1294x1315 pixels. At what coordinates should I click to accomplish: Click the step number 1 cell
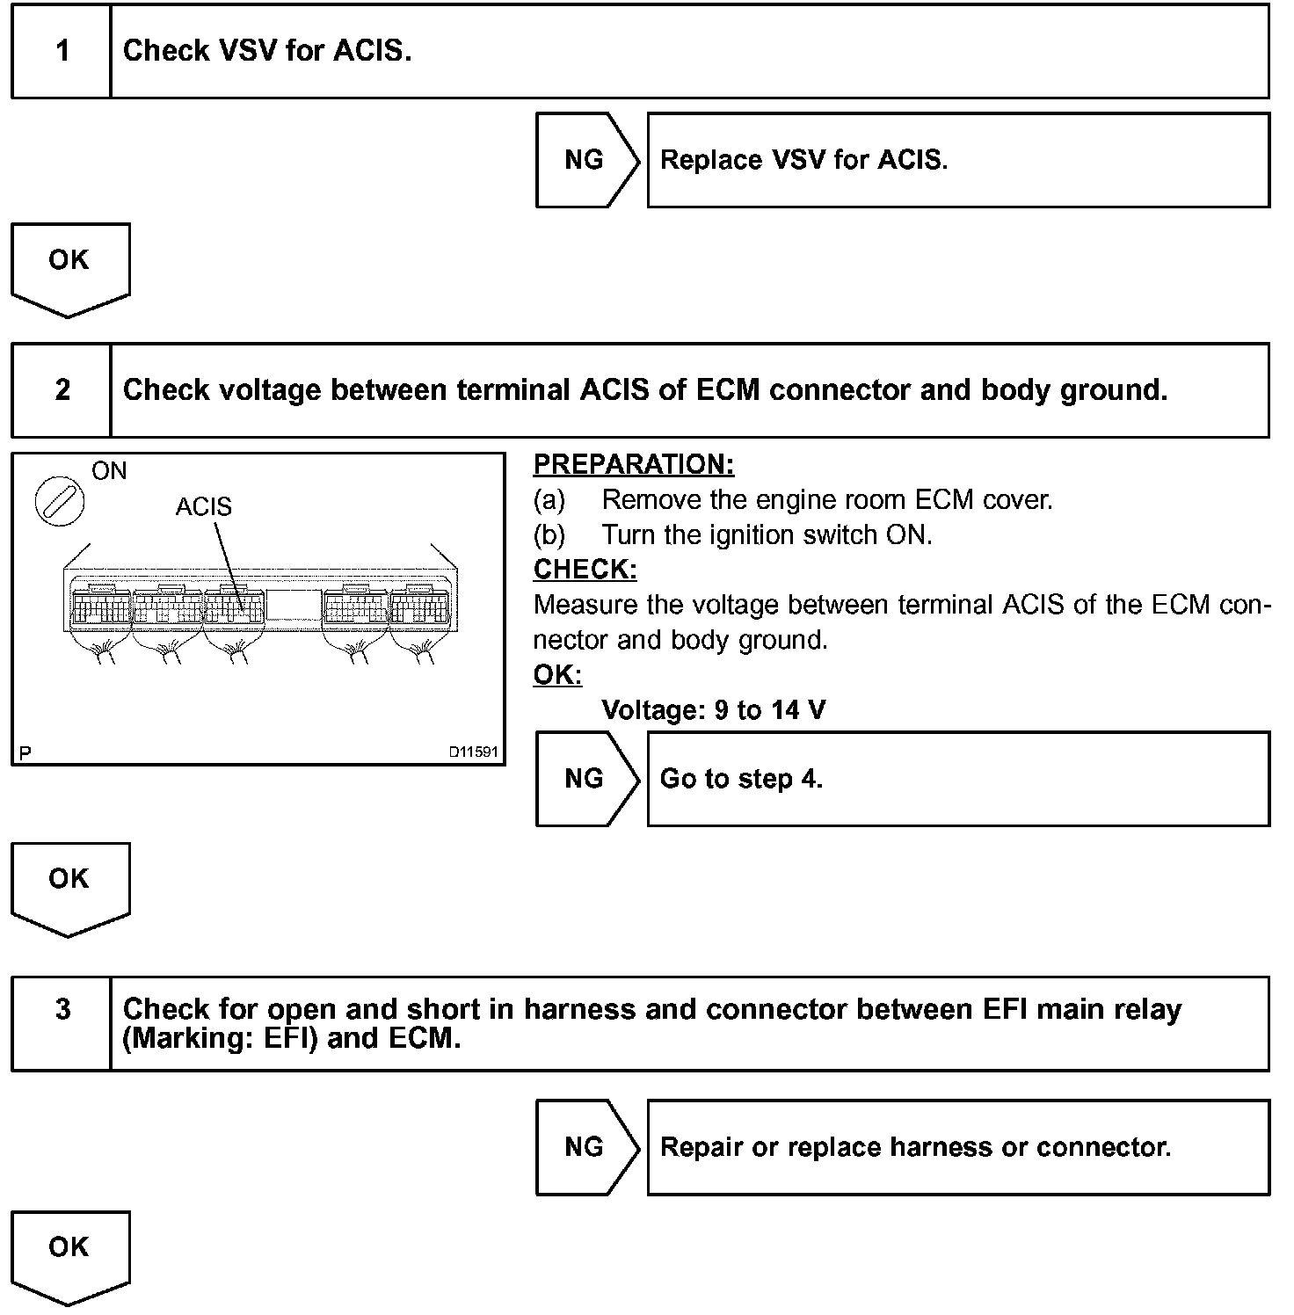(62, 51)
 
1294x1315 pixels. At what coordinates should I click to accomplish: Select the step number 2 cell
(62, 390)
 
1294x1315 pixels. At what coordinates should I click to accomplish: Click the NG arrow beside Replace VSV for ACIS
(585, 160)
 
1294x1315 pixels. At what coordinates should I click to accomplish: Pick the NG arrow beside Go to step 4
(585, 779)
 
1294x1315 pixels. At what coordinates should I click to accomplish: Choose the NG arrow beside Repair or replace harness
(585, 1147)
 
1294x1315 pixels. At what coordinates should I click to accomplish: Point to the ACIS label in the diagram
(204, 507)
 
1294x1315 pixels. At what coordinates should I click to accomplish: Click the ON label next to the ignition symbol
(109, 472)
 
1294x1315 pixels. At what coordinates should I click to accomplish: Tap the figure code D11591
(473, 752)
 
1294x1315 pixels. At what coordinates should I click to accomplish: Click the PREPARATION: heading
(633, 464)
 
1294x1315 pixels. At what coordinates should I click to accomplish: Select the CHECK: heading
(585, 570)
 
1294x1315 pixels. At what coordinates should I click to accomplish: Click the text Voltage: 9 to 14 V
(713, 710)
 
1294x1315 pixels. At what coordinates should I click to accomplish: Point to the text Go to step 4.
(741, 779)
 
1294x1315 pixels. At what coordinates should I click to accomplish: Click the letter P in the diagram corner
(25, 753)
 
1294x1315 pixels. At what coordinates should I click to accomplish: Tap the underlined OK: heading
(557, 675)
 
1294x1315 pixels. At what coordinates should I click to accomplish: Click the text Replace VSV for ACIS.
(803, 160)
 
